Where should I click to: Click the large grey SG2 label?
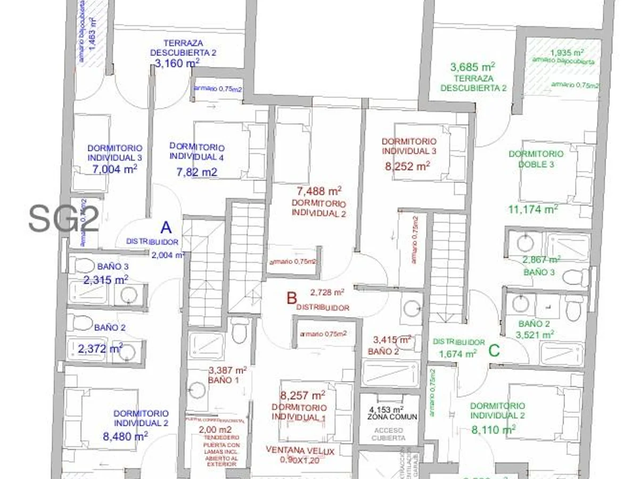tap(64, 219)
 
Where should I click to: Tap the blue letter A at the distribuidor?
tap(166, 228)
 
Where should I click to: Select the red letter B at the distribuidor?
tap(291, 299)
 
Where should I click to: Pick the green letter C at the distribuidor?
tap(494, 351)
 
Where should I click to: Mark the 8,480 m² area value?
tap(125, 436)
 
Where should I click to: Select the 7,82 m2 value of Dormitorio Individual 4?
tap(196, 172)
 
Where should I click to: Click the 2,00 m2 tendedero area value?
tap(215, 430)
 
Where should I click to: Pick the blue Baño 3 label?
tap(113, 267)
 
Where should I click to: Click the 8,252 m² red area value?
tap(407, 166)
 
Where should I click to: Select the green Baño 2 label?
tap(534, 324)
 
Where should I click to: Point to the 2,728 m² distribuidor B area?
tap(327, 292)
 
